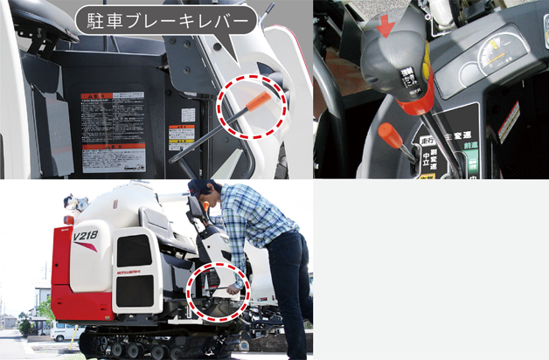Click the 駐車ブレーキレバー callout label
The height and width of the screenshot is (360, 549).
[167, 18]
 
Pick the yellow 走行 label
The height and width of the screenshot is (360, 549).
[429, 141]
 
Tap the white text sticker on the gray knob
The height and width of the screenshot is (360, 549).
[407, 80]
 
